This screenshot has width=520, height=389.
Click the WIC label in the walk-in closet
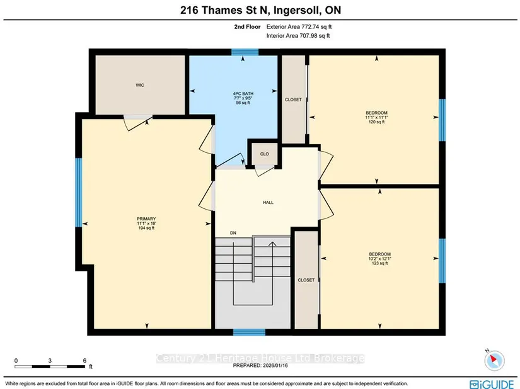(x=140, y=86)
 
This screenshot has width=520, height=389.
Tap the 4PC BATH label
(x=243, y=94)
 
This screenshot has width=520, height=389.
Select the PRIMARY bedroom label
(x=146, y=219)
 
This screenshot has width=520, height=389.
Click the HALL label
(x=269, y=203)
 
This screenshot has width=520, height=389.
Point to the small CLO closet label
(x=264, y=154)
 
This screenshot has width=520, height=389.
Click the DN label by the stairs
(x=233, y=233)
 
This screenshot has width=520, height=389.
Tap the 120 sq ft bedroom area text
(x=377, y=122)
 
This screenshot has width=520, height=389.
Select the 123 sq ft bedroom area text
(x=379, y=263)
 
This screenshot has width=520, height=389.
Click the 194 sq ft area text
(x=146, y=228)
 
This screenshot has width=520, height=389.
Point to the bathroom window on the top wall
(x=245, y=52)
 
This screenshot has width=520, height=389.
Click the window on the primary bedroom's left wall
(x=79, y=193)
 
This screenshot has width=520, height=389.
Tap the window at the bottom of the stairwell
(x=249, y=332)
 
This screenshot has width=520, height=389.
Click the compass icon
(x=494, y=360)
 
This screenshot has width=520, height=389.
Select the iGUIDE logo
(x=492, y=384)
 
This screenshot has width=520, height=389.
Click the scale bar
(x=50, y=366)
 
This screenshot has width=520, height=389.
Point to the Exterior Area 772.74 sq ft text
(x=299, y=27)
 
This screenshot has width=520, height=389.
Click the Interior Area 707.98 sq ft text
(x=298, y=36)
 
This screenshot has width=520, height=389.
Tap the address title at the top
(x=261, y=10)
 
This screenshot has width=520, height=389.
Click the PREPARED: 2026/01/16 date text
(x=260, y=366)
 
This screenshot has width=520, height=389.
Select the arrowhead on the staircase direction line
(x=272, y=244)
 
